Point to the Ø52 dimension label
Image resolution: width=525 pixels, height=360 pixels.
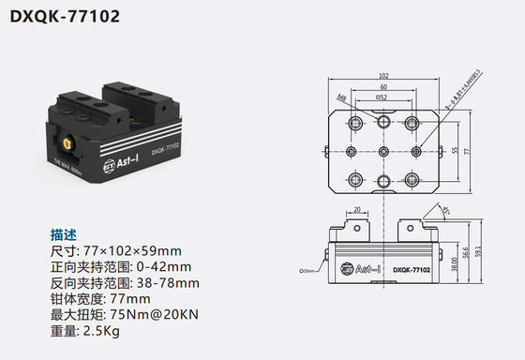coord(382,97)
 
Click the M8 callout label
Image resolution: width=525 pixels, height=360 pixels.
coord(342,97)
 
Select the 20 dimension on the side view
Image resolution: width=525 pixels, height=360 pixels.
coord(358,210)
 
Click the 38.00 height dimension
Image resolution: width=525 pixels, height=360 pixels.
coord(453,266)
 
